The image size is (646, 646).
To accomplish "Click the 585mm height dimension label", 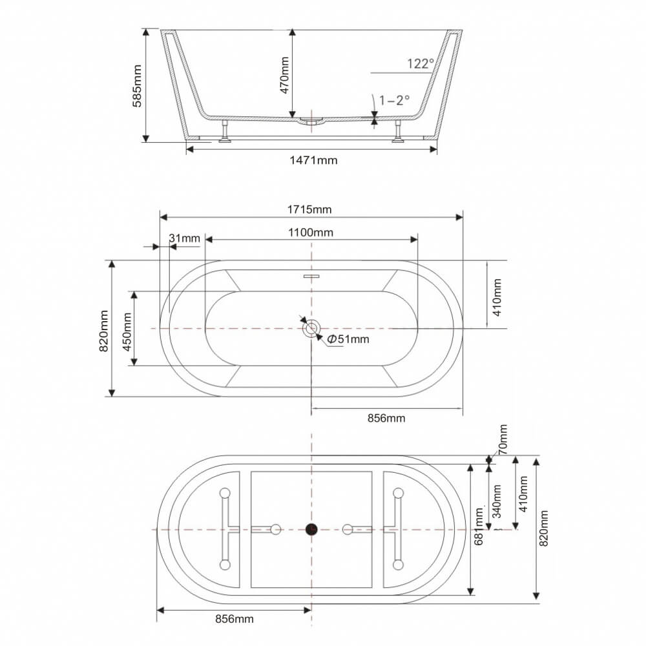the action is (137, 86).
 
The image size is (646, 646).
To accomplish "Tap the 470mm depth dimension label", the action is (284, 75).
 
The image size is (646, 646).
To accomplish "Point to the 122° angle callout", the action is (421, 63).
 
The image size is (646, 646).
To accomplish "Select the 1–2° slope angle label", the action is (394, 100).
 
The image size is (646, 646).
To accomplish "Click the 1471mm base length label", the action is (313, 160).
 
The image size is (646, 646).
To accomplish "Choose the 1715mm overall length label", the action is (309, 210).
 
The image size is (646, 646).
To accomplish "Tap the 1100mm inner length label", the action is (311, 233).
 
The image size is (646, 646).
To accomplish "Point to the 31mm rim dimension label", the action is (184, 238).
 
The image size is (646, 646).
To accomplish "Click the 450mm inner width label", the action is (127, 331).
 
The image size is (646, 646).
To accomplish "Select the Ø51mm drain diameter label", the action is (348, 339).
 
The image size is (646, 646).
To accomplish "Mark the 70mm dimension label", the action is (503, 439).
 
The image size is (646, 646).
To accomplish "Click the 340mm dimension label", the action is (497, 501).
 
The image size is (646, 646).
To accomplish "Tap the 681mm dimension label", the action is (479, 526).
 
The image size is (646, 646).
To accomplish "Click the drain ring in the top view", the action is (311, 328).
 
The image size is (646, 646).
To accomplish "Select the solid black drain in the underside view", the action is (311, 529).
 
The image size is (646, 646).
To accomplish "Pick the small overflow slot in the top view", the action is (311, 276).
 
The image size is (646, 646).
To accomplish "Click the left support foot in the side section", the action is (225, 131).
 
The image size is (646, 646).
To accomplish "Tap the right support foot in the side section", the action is (397, 131).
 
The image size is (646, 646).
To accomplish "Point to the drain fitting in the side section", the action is (312, 120).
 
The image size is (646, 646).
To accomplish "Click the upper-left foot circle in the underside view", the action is (225, 493).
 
